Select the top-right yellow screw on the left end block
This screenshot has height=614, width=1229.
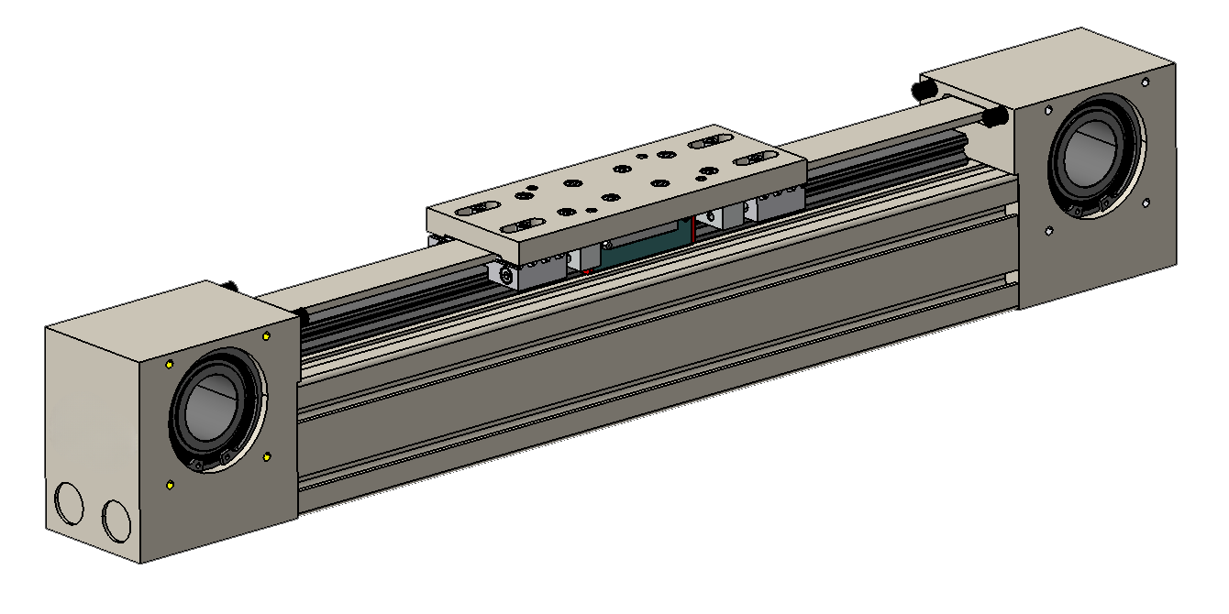[267, 335]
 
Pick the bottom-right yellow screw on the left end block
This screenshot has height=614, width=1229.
[267, 455]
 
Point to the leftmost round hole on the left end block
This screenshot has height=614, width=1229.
[70, 504]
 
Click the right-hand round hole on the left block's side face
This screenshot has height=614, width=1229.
[116, 520]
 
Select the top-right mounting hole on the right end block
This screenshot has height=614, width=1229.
[1144, 82]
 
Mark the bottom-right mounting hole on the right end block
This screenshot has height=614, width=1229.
[1144, 203]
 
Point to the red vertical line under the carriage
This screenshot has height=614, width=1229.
[693, 232]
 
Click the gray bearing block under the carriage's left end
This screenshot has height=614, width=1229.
[539, 271]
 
